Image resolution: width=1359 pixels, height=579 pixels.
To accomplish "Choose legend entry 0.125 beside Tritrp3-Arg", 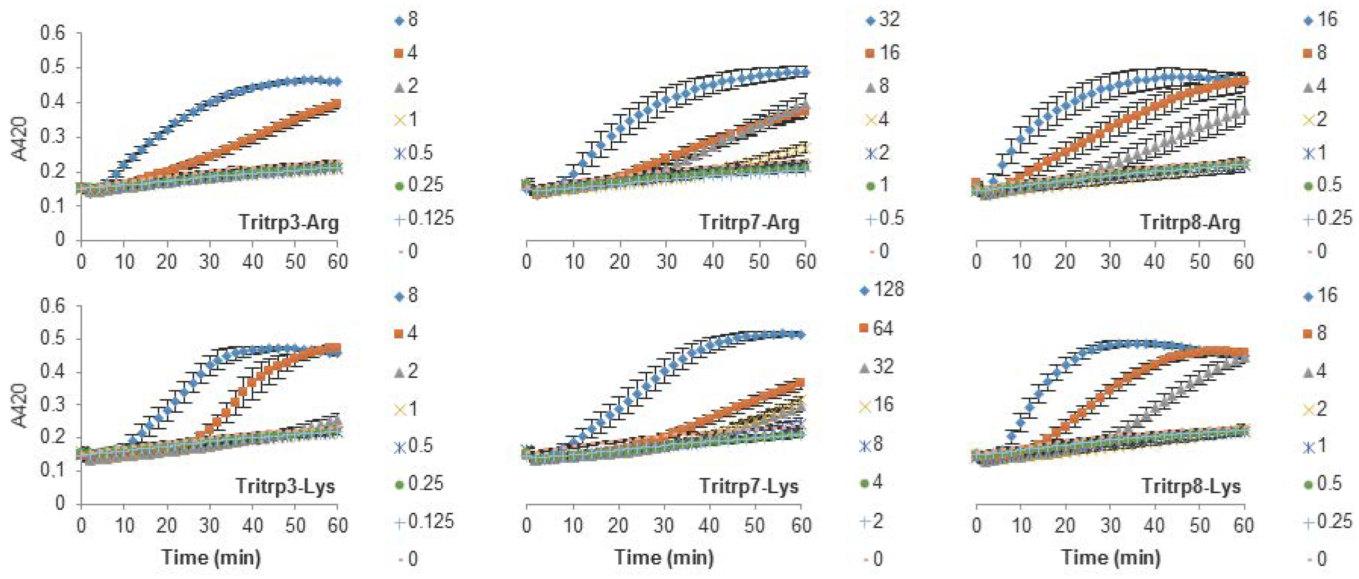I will pos(425,218).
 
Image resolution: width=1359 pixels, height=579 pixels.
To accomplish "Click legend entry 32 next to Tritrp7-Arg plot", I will pos(883,20).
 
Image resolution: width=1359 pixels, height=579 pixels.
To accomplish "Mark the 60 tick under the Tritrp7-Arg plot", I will pos(805,262).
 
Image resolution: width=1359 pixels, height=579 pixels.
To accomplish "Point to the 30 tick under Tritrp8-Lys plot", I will pos(1110,526).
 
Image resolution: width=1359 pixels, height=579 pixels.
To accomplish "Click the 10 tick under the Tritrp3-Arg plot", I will pos(125,262).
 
